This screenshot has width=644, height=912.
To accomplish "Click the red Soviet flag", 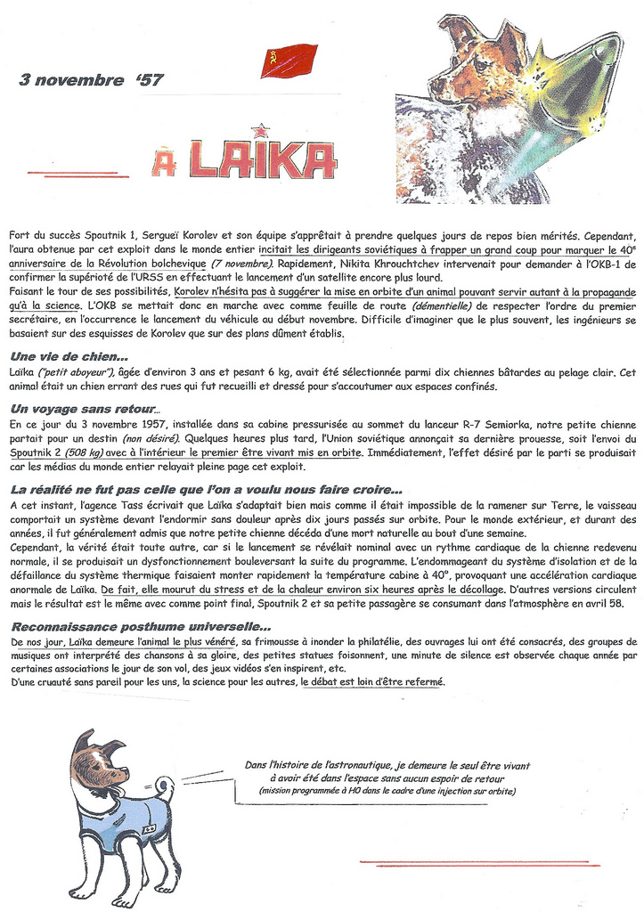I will [289, 61].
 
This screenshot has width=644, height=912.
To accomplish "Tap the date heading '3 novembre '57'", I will [91, 80].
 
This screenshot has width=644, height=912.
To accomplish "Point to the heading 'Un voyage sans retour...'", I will [86, 408].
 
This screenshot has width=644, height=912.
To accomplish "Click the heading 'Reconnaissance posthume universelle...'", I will [142, 626].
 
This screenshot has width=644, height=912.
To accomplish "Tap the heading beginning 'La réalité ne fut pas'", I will [206, 490].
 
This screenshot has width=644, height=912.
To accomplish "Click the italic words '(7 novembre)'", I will [242, 265].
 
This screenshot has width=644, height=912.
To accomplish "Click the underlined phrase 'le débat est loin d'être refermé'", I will [371, 681].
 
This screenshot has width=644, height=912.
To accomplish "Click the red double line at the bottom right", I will [480, 862].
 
